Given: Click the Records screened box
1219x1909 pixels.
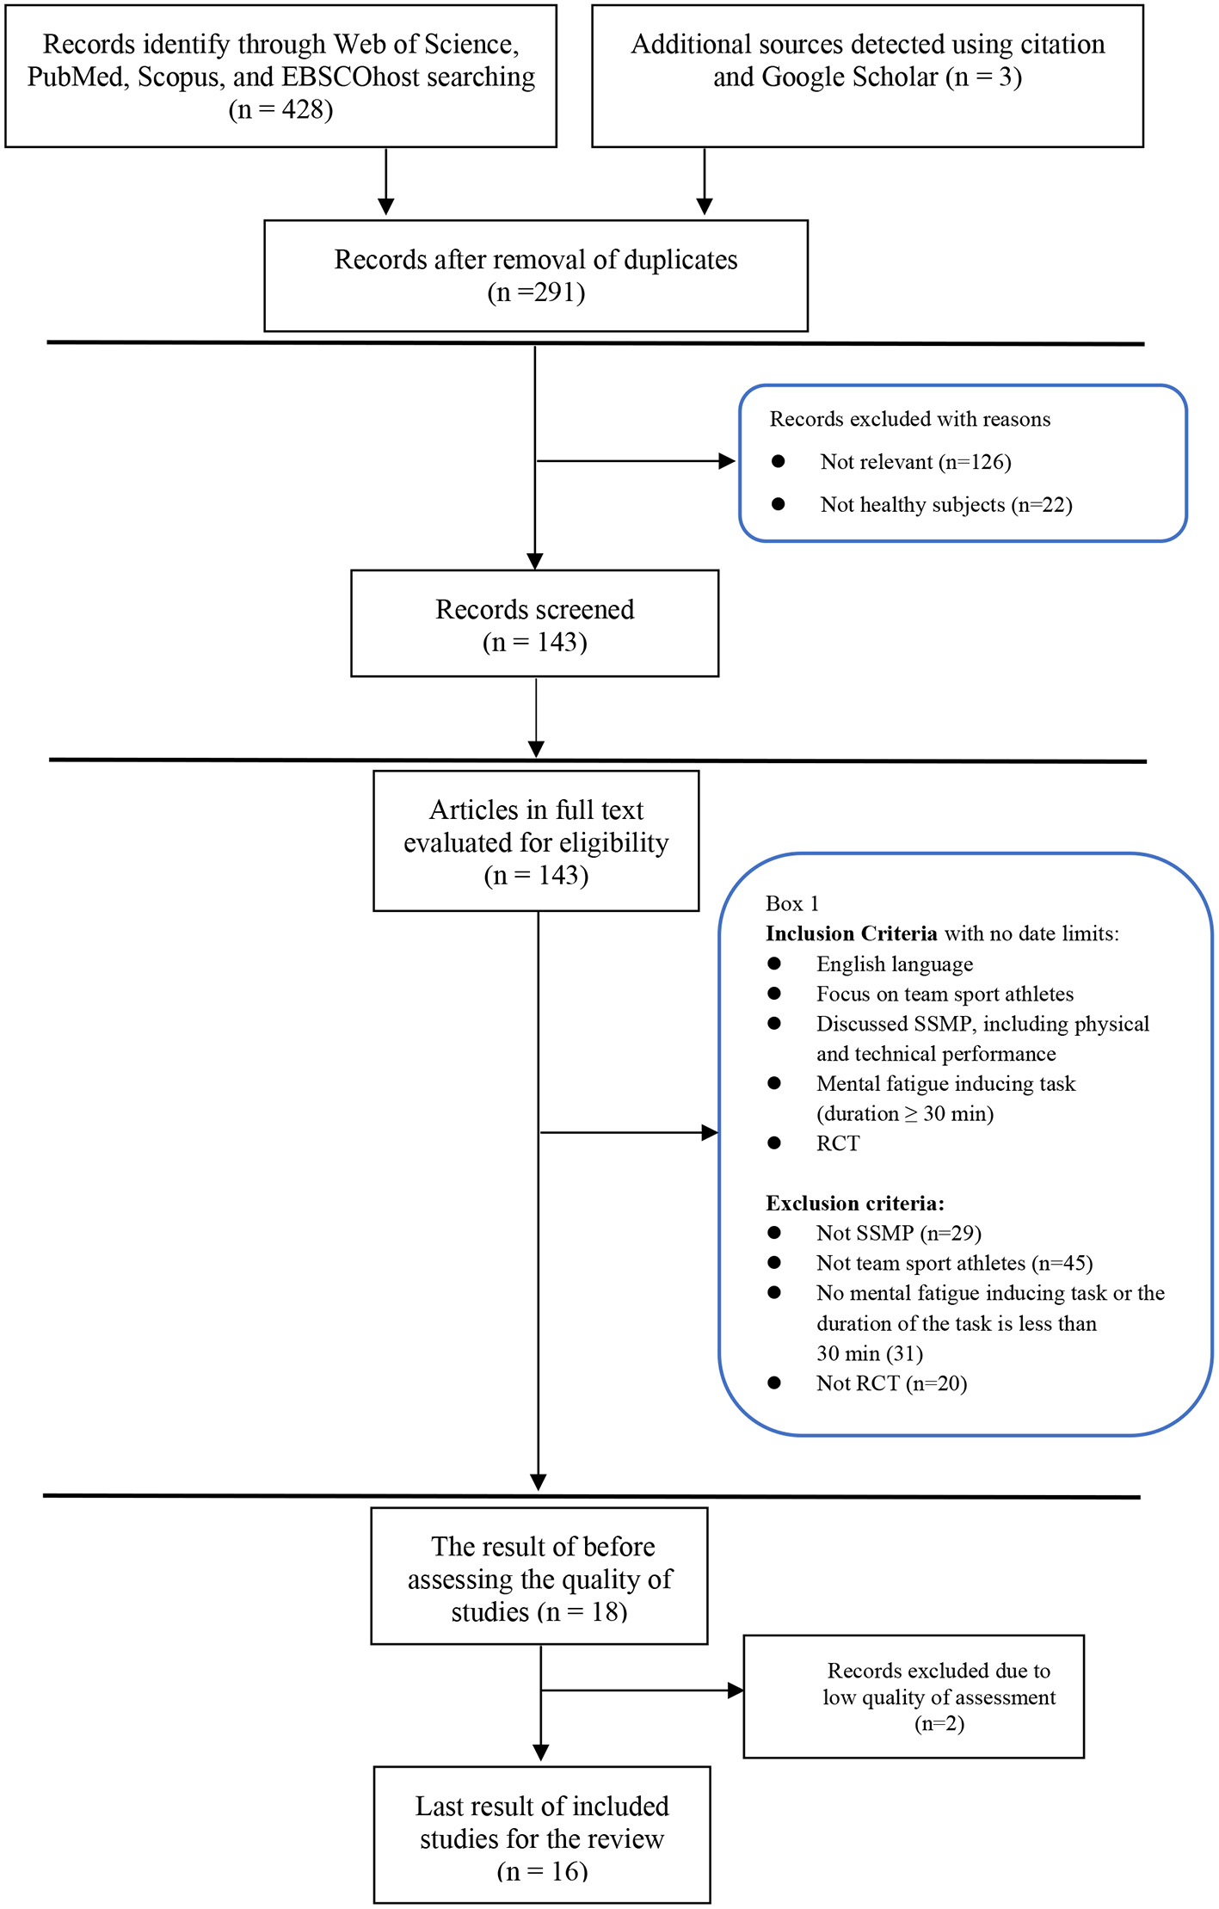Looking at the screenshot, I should coord(534,624).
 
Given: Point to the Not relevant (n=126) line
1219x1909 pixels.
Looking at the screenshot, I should coord(915,462).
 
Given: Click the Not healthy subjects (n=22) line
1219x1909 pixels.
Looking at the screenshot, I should coord(945,505).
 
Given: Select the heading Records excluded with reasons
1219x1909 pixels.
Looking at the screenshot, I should coord(909,419).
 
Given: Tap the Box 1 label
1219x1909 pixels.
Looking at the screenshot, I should coord(791,903).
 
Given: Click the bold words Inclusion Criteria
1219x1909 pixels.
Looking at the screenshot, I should coord(851,933).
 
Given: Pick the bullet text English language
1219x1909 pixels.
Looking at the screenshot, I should coord(894,964).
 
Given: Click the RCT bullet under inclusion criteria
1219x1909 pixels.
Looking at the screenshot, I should coord(837,1143).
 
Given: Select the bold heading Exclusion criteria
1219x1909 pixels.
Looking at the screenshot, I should coord(854,1203).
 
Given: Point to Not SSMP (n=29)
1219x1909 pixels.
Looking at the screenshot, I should coord(898,1233).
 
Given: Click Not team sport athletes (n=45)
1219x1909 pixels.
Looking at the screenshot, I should coord(954,1263).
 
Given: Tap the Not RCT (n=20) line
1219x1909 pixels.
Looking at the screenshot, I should coord(891,1382).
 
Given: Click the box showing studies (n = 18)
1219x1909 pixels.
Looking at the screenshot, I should coord(539,1579).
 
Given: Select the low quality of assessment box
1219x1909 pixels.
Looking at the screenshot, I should coord(913,1697).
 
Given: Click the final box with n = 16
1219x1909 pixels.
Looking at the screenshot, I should coord(541,1838).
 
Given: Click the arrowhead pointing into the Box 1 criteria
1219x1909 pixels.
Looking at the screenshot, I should coord(710,1133).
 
